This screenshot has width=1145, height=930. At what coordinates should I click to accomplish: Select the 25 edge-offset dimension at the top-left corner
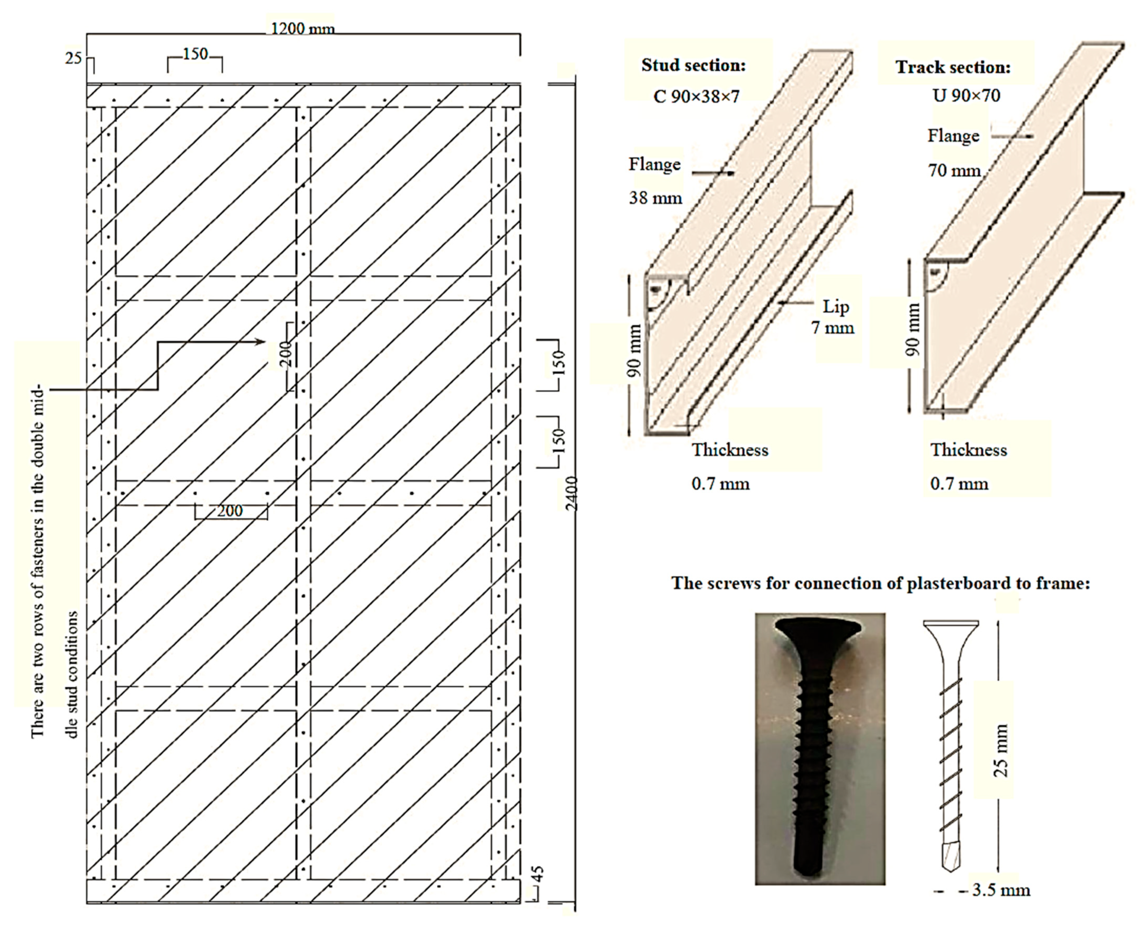pos(73,58)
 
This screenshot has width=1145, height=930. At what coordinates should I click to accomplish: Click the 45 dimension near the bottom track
pos(539,874)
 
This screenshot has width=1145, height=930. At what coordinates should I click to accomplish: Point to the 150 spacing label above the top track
pos(195,54)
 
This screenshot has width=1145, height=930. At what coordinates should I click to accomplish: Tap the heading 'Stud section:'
pos(693,65)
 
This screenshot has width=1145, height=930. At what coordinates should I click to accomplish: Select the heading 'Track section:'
pos(953,67)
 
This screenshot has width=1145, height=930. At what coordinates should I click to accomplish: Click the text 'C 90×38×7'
pos(696,97)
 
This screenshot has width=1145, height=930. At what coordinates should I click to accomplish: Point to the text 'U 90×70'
pos(966,95)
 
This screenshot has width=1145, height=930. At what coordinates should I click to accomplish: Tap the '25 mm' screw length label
pos(1000,750)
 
